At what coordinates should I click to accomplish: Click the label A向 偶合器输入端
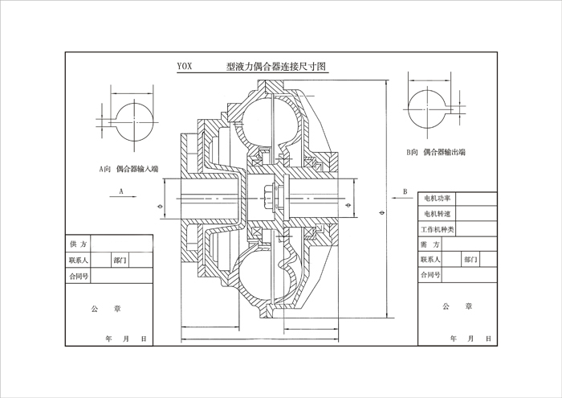128,169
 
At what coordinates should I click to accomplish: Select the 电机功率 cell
437,198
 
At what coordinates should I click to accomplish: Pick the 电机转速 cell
437,213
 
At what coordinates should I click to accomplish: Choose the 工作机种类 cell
439,229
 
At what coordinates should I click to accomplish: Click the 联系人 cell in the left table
79,260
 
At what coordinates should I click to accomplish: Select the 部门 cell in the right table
470,260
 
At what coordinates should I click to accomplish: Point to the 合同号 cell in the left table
79,275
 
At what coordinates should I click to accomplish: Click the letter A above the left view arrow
120,192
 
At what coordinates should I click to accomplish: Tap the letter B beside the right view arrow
405,191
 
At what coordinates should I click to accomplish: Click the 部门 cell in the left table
120,260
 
